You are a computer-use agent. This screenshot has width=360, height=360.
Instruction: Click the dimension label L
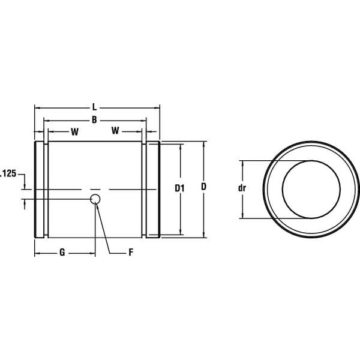coord(94,107)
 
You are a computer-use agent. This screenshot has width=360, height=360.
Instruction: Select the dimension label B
coord(94,119)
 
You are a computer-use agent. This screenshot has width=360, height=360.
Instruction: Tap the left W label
coord(74,132)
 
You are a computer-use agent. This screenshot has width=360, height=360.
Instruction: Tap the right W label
coord(115,130)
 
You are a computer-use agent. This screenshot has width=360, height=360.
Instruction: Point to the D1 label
coord(179,188)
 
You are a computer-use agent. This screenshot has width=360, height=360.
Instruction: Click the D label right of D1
coord(203,187)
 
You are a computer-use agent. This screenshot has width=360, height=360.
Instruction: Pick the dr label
coord(242,188)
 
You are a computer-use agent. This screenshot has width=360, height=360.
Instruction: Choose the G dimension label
coord(62,253)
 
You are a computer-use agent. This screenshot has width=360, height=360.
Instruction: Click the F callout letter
coord(131,253)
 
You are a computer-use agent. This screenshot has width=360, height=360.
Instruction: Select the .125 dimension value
coord(8,173)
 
